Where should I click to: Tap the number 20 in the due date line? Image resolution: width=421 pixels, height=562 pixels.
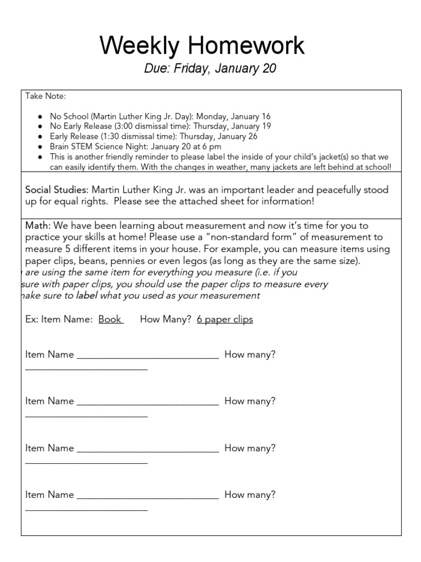[269, 69]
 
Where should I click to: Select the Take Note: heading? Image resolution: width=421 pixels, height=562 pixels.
[45, 97]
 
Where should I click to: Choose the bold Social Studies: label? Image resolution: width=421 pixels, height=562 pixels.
[57, 190]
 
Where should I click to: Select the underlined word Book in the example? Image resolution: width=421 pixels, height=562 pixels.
[110, 319]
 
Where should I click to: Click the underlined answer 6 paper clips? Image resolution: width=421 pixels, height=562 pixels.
[225, 319]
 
